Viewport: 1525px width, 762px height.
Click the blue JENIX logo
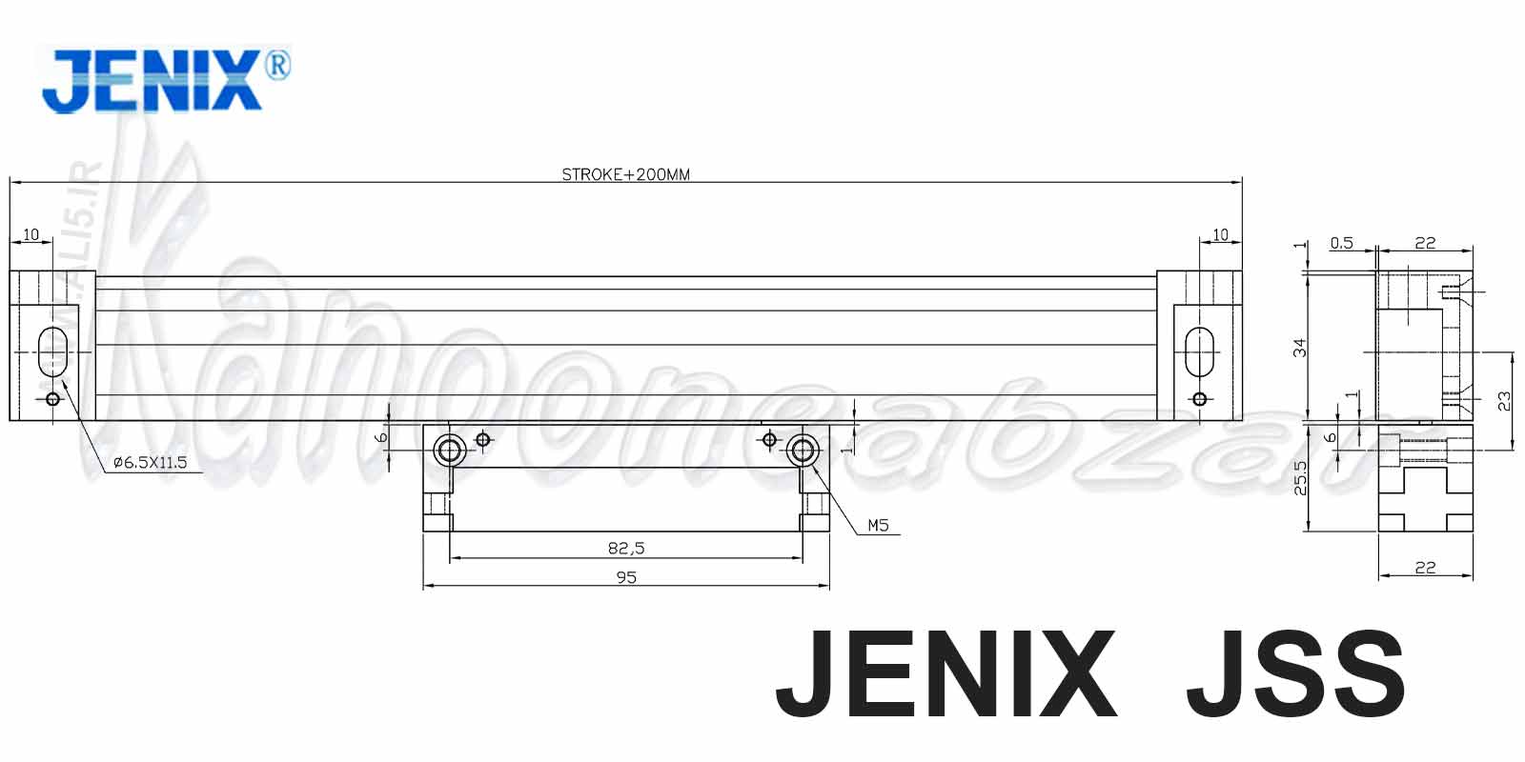tap(152, 81)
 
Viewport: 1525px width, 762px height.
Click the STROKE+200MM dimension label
tap(625, 174)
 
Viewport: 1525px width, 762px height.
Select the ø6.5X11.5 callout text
tap(150, 463)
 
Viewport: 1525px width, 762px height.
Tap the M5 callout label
tap(878, 524)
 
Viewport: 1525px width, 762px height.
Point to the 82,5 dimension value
tap(626, 548)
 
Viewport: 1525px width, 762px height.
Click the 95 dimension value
tap(626, 577)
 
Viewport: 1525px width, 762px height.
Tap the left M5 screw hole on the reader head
tap(448, 450)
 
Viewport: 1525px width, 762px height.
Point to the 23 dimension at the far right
tap(1504, 401)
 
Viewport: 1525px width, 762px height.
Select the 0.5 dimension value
tap(1341, 243)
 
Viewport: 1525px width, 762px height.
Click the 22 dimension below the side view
tap(1425, 568)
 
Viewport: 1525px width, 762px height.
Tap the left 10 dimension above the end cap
tap(30, 234)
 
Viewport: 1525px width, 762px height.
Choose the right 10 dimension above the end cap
tap(1220, 234)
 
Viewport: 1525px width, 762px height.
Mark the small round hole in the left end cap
tap(52, 399)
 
